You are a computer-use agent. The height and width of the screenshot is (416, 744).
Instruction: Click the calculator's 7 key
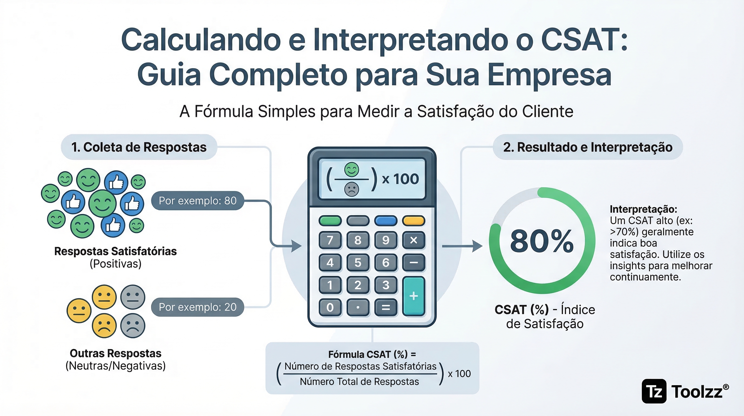click(x=330, y=240)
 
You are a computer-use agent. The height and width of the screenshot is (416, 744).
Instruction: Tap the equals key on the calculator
click(x=386, y=307)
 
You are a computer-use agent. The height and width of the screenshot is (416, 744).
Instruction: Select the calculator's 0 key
click(x=330, y=307)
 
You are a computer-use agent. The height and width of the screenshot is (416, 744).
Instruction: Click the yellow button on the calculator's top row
click(x=414, y=221)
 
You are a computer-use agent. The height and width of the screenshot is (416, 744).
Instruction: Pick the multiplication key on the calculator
click(x=414, y=240)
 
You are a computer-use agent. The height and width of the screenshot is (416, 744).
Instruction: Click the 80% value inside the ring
click(x=542, y=241)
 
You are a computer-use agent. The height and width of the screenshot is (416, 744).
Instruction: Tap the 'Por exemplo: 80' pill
click(x=198, y=200)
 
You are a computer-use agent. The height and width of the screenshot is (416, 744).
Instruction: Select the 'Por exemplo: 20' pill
click(x=198, y=307)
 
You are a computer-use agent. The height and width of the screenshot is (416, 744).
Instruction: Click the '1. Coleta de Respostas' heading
click(x=139, y=147)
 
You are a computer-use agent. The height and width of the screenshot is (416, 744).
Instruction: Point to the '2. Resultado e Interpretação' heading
click(x=588, y=147)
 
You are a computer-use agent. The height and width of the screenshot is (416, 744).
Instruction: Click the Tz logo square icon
click(x=654, y=391)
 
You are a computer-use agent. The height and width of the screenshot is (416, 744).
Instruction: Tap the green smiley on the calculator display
click(x=351, y=170)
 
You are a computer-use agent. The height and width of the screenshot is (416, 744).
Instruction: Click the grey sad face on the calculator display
click(x=351, y=190)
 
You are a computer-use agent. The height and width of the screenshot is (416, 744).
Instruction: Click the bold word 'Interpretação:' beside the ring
click(x=643, y=209)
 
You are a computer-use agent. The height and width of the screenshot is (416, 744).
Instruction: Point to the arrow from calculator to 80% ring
click(x=462, y=246)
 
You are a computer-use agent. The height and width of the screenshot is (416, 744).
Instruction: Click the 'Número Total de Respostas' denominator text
click(x=359, y=382)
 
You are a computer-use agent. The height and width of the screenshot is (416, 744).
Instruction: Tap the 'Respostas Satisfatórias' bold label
click(x=115, y=251)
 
